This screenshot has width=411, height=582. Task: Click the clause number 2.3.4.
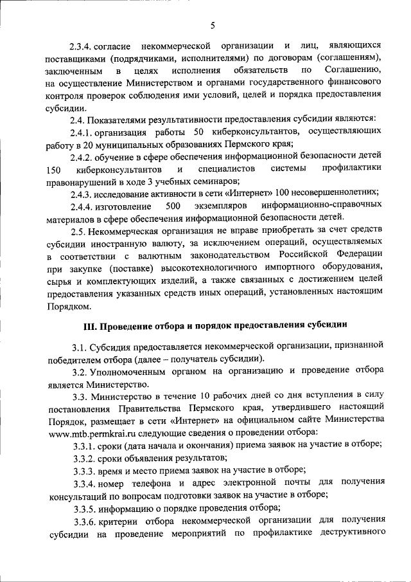(x=84, y=46)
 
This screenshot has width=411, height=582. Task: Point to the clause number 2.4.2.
(x=84, y=156)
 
